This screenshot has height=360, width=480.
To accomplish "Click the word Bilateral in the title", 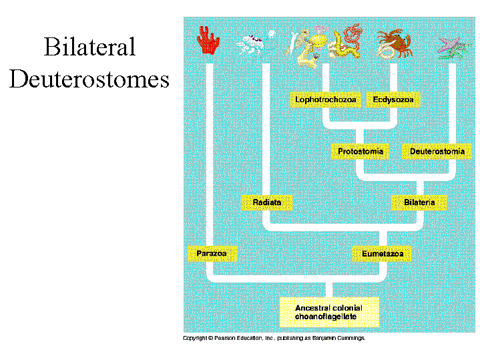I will click(x=89, y=48).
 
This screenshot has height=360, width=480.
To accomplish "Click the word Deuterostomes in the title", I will click(x=89, y=79).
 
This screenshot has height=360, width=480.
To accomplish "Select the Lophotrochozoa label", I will click(x=326, y=100).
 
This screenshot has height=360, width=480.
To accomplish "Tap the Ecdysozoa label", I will click(x=393, y=100).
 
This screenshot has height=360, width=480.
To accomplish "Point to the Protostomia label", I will click(x=361, y=152).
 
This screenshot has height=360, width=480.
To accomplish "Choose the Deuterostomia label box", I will click(x=437, y=152).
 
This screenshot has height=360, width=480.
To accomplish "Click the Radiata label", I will click(x=267, y=202).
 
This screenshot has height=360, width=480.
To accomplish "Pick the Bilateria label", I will click(x=419, y=202).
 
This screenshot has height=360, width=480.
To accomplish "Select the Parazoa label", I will click(x=212, y=254).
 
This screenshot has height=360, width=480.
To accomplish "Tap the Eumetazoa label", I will click(x=382, y=254).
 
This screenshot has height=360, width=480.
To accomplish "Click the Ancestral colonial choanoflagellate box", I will click(x=329, y=312).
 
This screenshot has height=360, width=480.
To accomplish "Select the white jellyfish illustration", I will click(x=254, y=43).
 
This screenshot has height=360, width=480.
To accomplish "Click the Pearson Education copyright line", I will click(x=274, y=339).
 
